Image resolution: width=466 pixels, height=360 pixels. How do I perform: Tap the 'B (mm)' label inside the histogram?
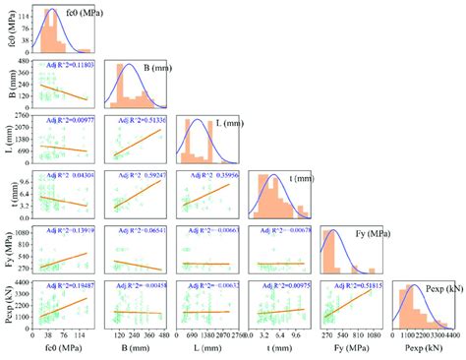(159, 68)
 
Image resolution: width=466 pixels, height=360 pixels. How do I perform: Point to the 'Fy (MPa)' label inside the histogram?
(368, 233)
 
